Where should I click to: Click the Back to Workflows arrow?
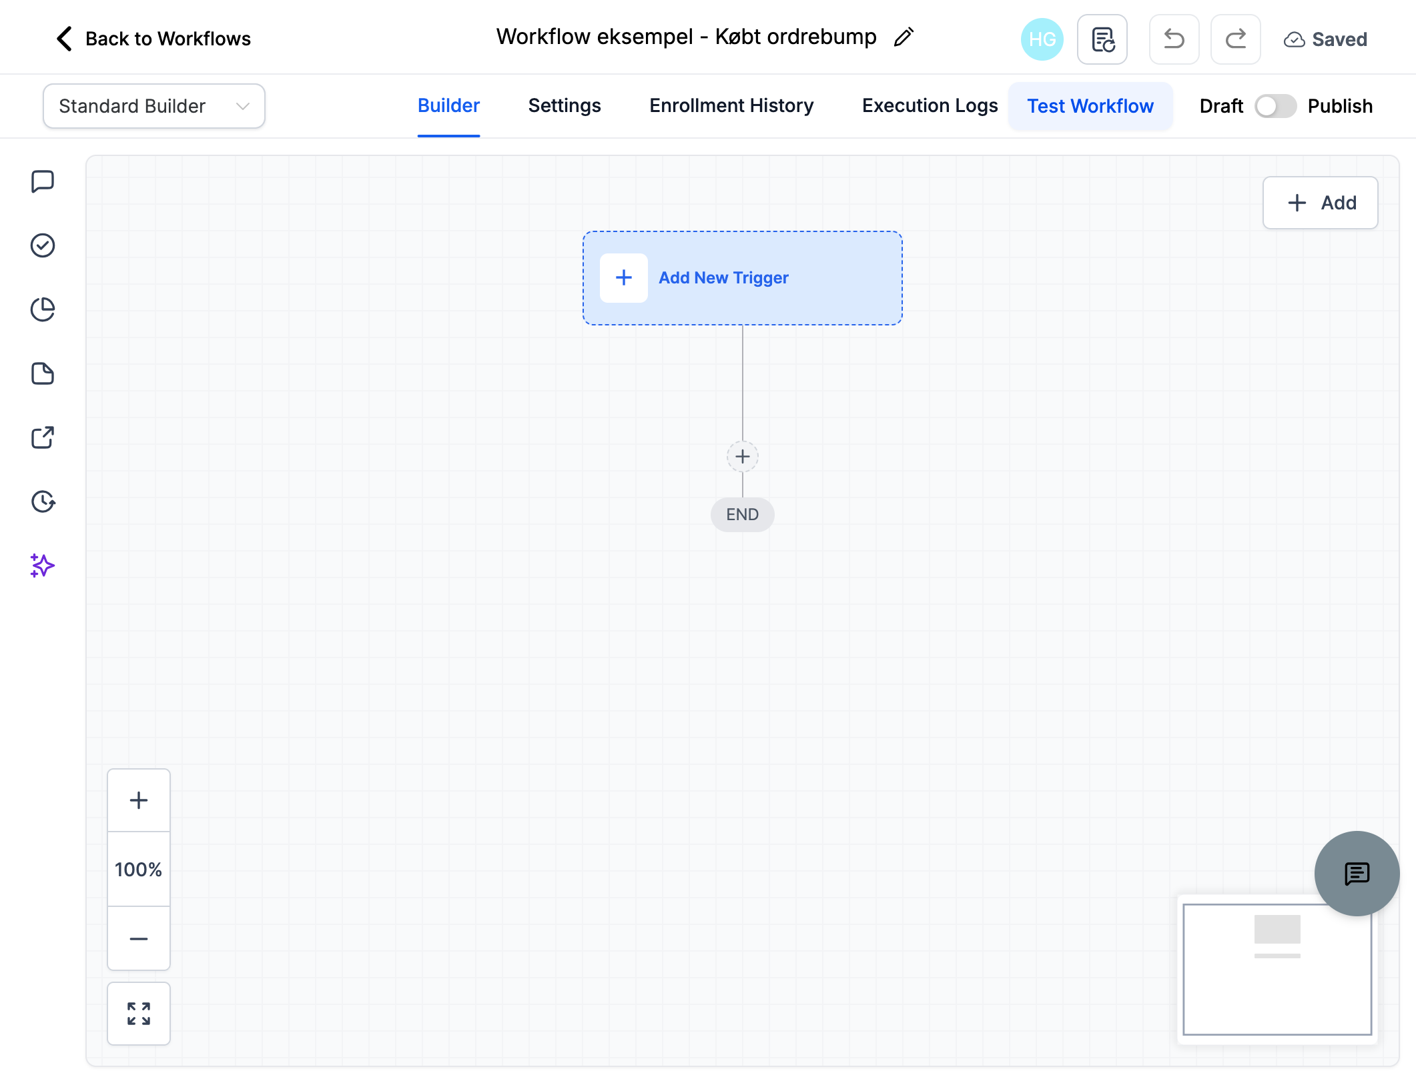click(x=64, y=39)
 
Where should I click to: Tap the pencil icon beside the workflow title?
click(x=904, y=37)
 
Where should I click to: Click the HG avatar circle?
click(x=1042, y=39)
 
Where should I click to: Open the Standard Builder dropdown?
click(x=154, y=106)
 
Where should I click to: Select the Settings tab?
click(x=565, y=106)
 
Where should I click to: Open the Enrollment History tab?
click(x=731, y=106)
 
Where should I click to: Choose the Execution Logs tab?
click(x=930, y=106)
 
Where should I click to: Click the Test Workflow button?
click(x=1090, y=106)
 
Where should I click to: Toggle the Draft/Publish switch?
click(x=1275, y=106)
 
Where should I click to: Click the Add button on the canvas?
click(x=1320, y=203)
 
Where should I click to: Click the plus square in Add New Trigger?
click(x=624, y=278)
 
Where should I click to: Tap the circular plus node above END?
click(x=743, y=457)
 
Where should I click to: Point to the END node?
click(x=743, y=515)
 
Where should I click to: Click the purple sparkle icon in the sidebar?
click(x=42, y=566)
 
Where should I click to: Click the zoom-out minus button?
click(x=139, y=938)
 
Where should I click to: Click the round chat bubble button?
click(x=1357, y=874)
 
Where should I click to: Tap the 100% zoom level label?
click(x=139, y=870)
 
